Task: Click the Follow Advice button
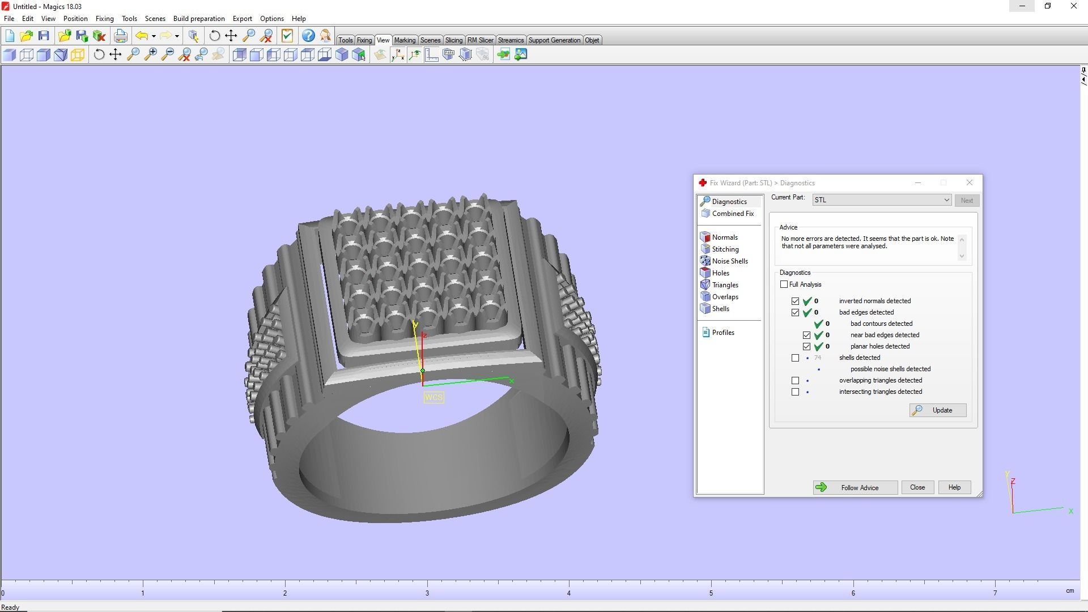(x=855, y=487)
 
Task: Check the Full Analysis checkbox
(x=784, y=284)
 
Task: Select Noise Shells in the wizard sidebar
(x=729, y=261)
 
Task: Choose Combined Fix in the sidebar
(x=732, y=214)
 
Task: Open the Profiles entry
(x=722, y=333)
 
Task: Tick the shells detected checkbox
(x=796, y=358)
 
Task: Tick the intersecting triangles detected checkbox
(x=796, y=392)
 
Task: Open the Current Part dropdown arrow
(x=946, y=200)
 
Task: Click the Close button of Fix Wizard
(x=917, y=487)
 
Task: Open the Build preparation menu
(x=199, y=19)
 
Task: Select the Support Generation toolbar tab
(x=554, y=40)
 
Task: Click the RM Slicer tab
(x=480, y=40)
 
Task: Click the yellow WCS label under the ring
(x=433, y=397)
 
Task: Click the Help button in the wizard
(x=954, y=487)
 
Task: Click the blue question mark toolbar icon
(x=308, y=36)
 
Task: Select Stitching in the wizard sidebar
(x=725, y=249)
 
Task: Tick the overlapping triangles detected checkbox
(x=796, y=380)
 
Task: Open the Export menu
(x=242, y=19)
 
